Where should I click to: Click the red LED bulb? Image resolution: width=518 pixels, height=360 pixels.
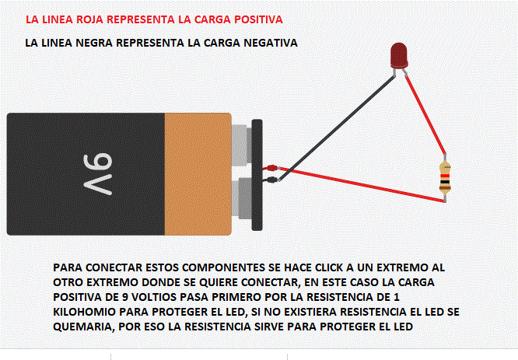(x=399, y=55)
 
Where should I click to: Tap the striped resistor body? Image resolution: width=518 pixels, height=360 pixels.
(x=445, y=178)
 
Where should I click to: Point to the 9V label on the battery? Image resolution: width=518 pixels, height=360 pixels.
(x=98, y=174)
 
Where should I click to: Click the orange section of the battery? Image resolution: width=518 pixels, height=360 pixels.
(x=198, y=174)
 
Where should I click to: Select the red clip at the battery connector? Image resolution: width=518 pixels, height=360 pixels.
(x=271, y=168)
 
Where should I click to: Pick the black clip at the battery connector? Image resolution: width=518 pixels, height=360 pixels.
(x=272, y=180)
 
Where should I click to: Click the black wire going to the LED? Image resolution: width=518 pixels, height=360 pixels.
(x=337, y=128)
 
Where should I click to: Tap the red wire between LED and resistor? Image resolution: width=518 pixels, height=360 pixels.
(x=425, y=115)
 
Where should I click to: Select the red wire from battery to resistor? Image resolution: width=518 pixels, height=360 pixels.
(x=361, y=184)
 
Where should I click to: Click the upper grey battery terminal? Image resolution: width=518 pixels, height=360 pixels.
(x=241, y=145)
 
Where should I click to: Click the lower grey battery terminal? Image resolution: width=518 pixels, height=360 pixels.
(x=242, y=198)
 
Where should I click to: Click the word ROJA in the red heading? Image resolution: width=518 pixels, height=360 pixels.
(x=89, y=19)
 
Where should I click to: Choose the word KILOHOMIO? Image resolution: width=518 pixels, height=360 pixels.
(x=84, y=312)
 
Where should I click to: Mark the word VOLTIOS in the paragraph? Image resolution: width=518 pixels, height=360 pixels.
(x=154, y=297)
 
